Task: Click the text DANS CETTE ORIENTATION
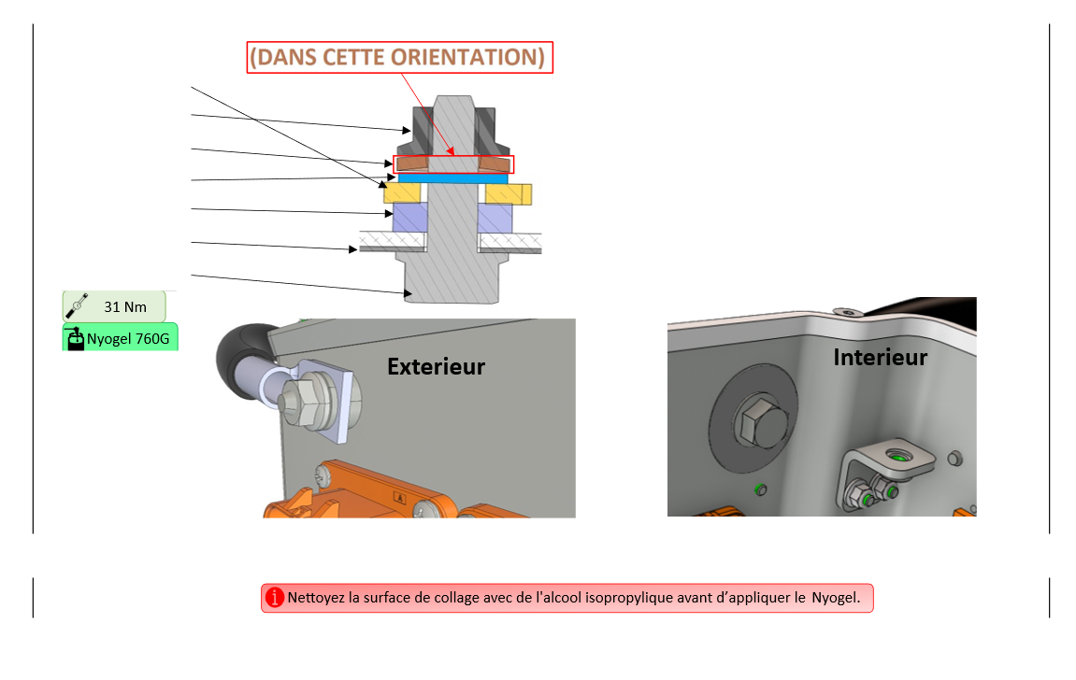tap(396, 57)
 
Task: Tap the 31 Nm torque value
tap(124, 306)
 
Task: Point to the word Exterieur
tap(436, 366)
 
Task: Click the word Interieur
tap(880, 357)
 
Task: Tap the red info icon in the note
tap(274, 598)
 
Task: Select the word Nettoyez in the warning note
tap(315, 597)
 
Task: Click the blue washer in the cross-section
tap(452, 177)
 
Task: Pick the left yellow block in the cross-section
tap(402, 193)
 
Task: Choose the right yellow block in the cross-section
tap(505, 193)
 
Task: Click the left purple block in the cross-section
tap(409, 218)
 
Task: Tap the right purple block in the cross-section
tap(495, 218)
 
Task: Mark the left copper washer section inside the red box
tap(412, 163)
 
